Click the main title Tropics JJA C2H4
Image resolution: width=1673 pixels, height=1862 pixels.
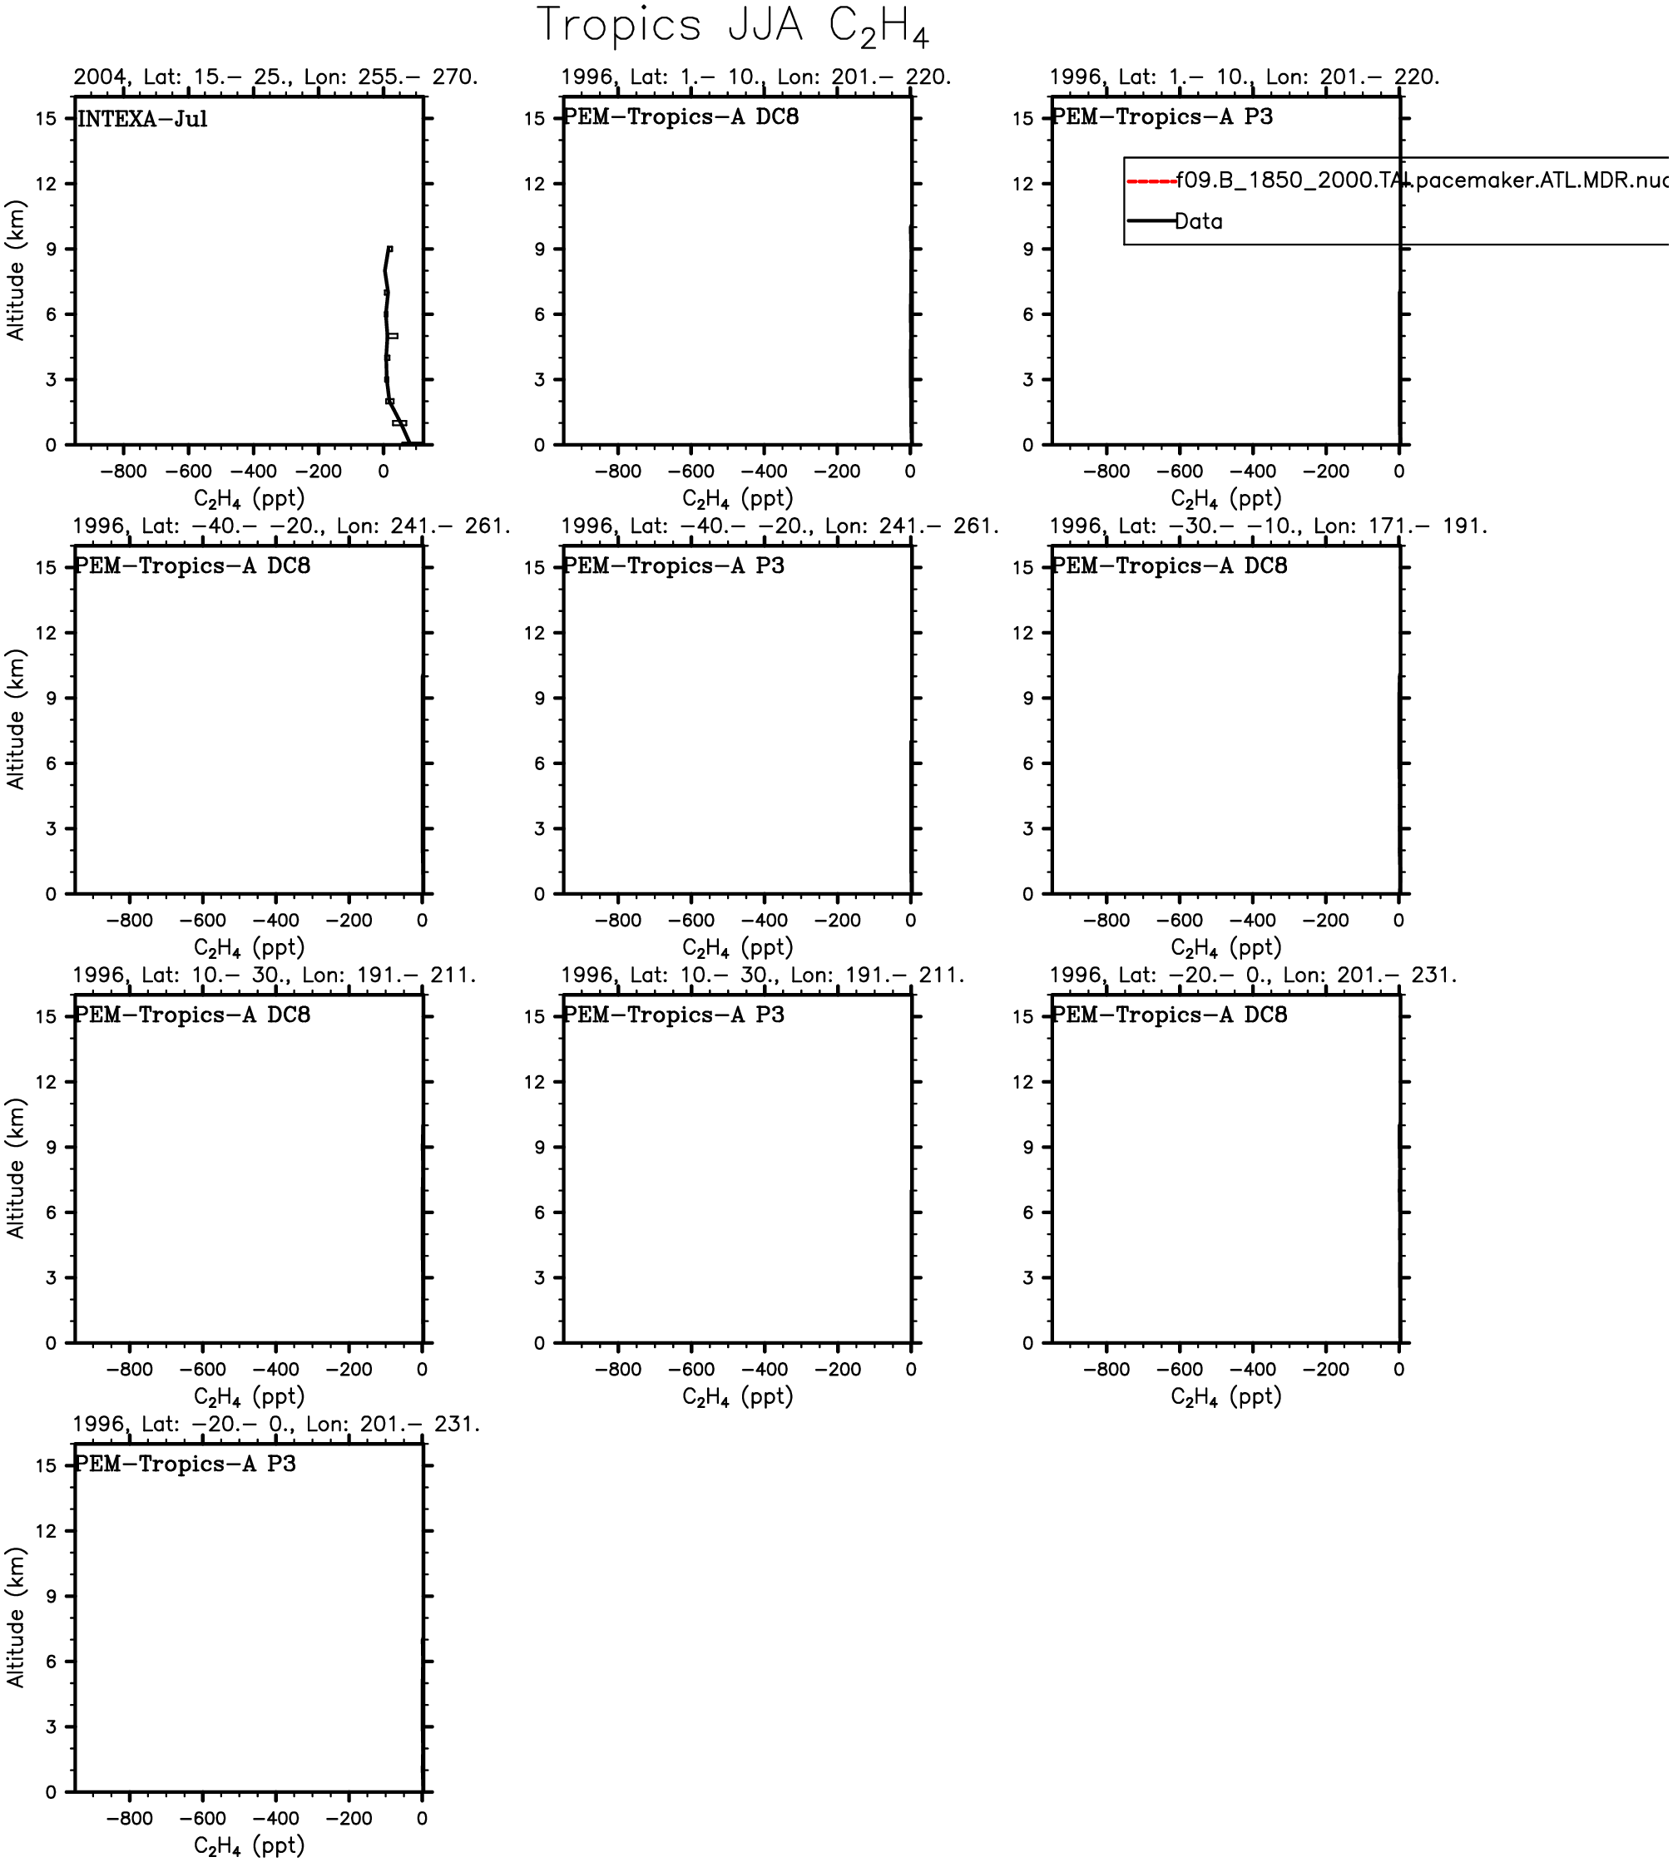point(733,26)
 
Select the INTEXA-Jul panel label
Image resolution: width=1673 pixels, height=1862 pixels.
point(142,120)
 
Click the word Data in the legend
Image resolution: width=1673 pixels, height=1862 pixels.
point(1199,221)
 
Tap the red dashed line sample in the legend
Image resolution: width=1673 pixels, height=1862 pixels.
point(1151,181)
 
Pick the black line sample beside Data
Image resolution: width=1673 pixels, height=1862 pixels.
point(1151,221)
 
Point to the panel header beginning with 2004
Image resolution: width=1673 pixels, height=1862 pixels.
point(275,77)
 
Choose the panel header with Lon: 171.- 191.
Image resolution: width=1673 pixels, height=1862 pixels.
point(1268,526)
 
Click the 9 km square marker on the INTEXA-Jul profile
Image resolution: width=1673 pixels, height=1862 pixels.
point(389,249)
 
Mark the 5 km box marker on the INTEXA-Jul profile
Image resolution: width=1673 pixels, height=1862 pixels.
point(393,336)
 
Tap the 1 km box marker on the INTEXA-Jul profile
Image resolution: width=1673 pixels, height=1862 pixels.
point(399,422)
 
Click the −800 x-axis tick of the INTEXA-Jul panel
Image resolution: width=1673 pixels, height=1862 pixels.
point(123,472)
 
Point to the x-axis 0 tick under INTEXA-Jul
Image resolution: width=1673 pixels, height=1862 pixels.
point(384,472)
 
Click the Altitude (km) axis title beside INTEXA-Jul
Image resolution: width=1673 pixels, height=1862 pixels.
point(16,270)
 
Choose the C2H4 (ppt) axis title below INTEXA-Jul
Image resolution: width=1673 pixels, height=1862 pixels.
point(248,499)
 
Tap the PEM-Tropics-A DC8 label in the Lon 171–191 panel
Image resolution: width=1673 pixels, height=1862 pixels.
point(1169,566)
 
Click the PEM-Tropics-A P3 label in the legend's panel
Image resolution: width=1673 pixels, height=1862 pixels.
point(1162,117)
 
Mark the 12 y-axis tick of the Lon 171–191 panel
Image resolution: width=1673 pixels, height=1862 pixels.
point(1025,633)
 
